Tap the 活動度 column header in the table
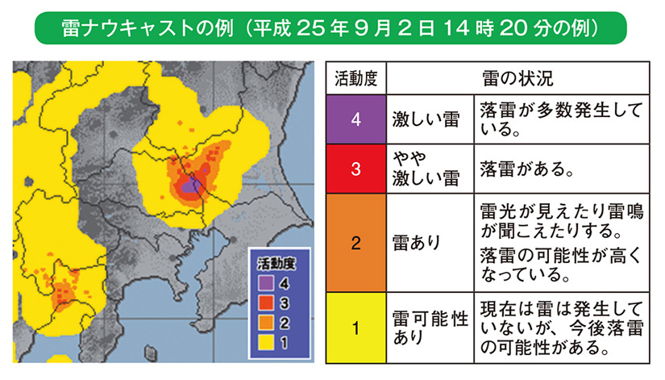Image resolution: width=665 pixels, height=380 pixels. [355, 80]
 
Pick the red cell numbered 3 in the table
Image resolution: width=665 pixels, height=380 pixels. [355, 168]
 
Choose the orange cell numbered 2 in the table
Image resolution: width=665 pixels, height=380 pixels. [355, 243]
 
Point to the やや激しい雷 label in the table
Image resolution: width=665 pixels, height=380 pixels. [425, 168]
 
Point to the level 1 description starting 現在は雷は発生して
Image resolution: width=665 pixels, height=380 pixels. [559, 328]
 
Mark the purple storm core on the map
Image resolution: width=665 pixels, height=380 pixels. [190, 186]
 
